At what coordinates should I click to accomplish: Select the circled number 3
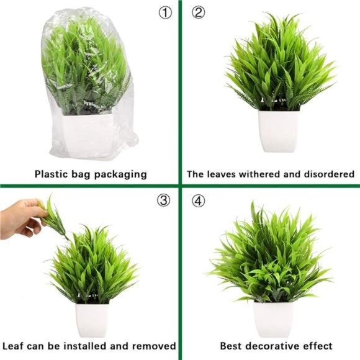pos(164,200)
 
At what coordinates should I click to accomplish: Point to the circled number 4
pos(197,200)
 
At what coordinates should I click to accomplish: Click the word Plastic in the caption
pos(52,174)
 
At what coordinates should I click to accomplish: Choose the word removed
pos(155,346)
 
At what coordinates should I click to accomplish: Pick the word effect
pos(318,346)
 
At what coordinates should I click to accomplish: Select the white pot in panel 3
pos(92,320)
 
